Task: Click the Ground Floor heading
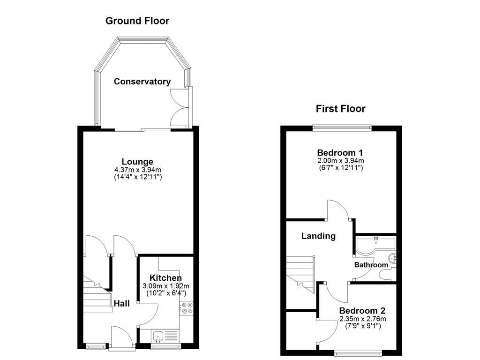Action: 137,21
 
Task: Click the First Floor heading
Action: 340,109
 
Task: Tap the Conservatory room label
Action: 142,82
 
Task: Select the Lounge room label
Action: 137,162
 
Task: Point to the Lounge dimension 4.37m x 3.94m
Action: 137,170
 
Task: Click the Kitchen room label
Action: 165,278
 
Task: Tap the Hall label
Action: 122,304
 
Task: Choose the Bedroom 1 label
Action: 340,153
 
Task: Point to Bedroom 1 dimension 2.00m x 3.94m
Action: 340,160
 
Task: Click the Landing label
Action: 318,236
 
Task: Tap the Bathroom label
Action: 371,265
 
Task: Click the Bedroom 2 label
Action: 362,311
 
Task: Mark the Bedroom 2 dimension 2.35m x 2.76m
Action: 362,319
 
